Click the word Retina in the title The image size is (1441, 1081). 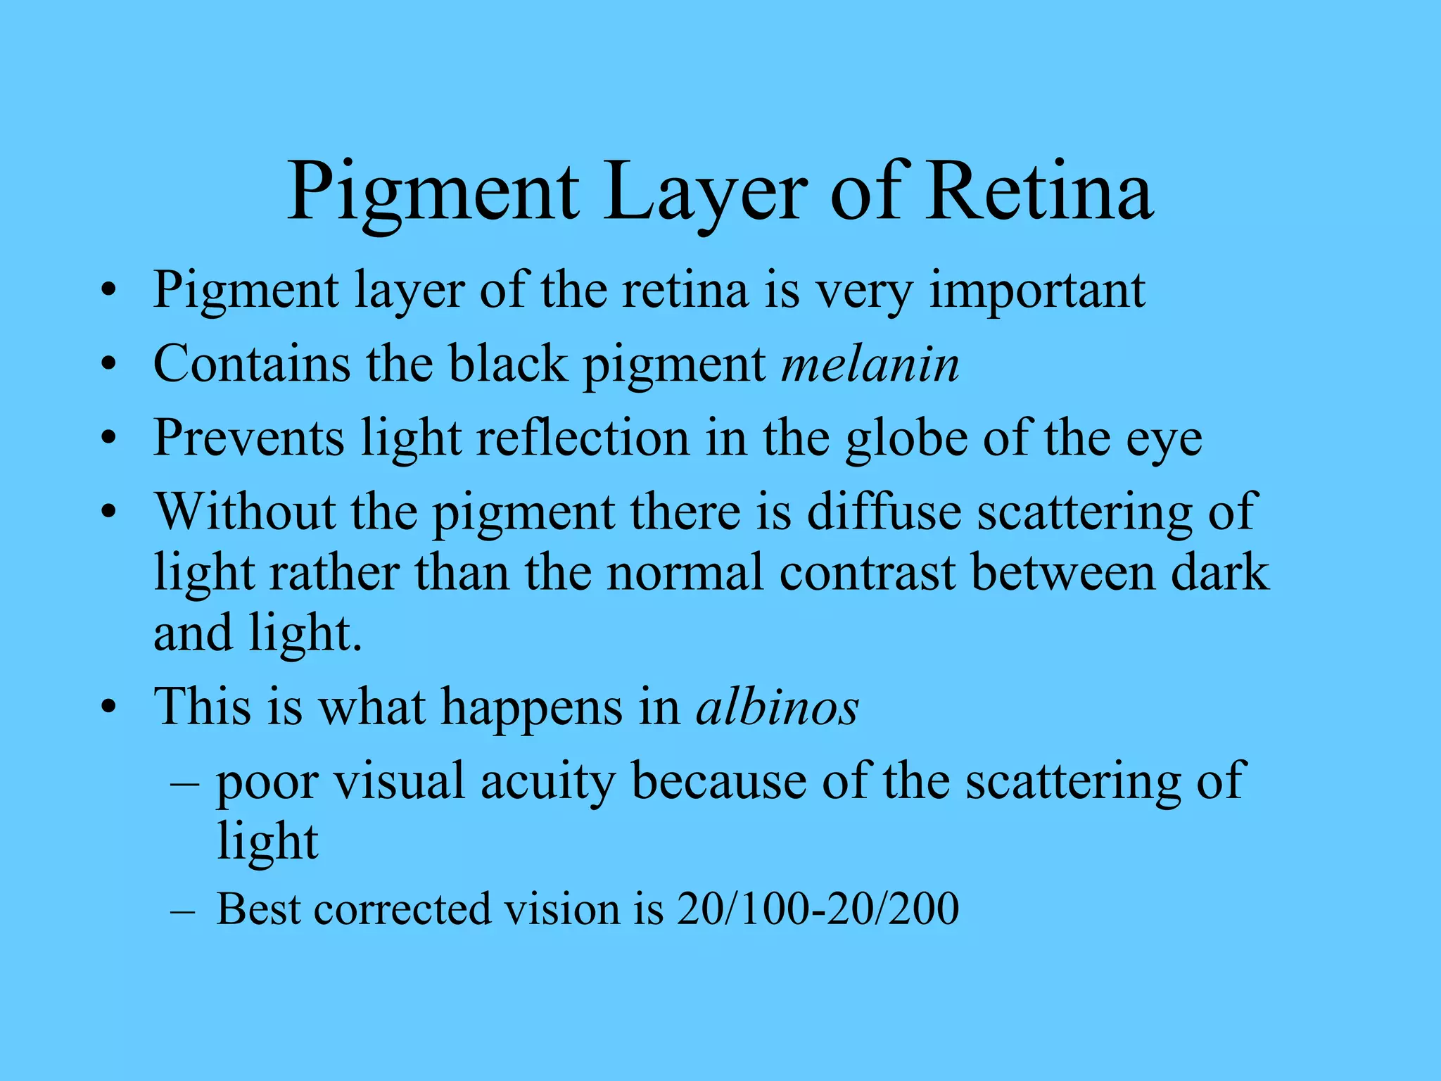[x=1039, y=191]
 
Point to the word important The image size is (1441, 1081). [x=1037, y=291]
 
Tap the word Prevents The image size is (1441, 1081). [x=248, y=438]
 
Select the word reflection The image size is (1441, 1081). [x=583, y=438]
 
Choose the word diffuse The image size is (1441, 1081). [x=884, y=511]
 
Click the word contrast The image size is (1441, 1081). [x=867, y=572]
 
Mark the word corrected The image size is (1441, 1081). [x=402, y=909]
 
